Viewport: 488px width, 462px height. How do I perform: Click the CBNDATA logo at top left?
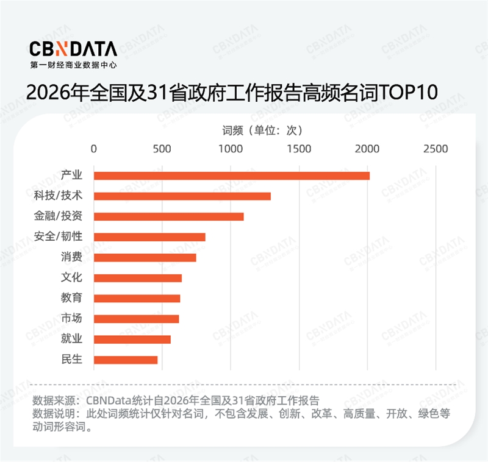click(73, 48)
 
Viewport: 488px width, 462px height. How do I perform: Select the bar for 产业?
click(232, 176)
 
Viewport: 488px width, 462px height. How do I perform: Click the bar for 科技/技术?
click(182, 196)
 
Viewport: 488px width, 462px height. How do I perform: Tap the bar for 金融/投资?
click(168, 216)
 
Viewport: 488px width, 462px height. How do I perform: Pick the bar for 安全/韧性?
click(149, 237)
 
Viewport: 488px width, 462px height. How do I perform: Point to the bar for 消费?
click(145, 257)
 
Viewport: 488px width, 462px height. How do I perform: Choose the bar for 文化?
click(138, 278)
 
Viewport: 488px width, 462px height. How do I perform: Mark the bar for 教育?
click(137, 298)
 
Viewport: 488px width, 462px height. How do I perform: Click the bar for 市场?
click(136, 319)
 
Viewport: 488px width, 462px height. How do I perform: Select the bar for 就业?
click(132, 339)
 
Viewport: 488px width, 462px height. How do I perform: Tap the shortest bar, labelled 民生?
click(126, 360)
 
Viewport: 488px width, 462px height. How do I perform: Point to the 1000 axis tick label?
click(231, 149)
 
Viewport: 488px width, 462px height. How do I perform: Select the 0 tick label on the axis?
click(94, 149)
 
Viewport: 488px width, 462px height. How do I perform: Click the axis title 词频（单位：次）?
click(262, 130)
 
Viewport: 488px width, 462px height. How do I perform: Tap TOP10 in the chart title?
click(408, 92)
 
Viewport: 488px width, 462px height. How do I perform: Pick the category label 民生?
click(72, 360)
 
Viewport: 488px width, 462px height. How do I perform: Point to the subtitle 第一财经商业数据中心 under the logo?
click(73, 64)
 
